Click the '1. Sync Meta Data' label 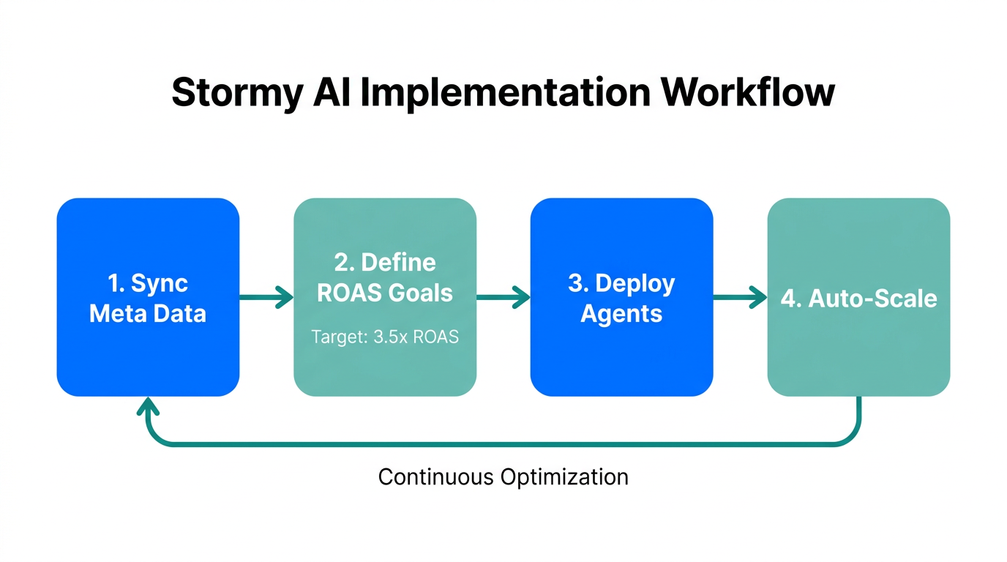pos(148,299)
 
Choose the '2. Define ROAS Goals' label pos(385,277)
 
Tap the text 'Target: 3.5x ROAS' pos(385,337)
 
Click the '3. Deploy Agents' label pos(621,299)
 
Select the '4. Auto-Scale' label pos(858,299)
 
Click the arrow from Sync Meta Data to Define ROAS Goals pos(266,297)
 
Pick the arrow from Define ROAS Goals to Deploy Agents pos(503,297)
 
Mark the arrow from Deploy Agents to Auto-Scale pos(740,297)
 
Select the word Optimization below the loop pos(564,477)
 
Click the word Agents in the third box pos(621,314)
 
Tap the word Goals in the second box pos(420,293)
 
